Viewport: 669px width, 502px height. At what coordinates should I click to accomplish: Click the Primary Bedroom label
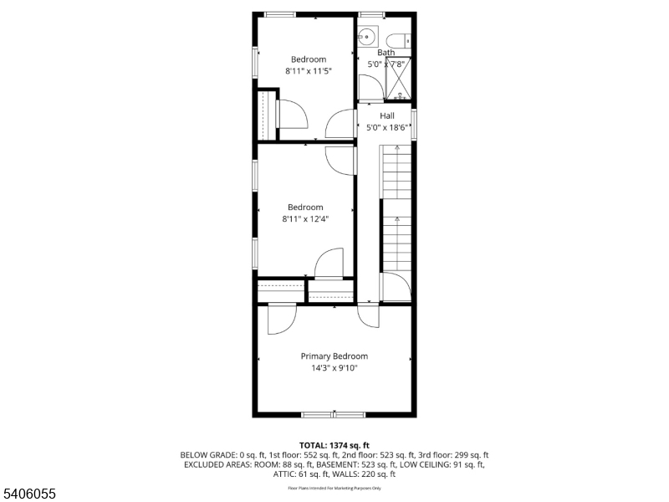[334, 356]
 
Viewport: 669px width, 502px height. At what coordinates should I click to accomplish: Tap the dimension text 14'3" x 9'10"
[334, 367]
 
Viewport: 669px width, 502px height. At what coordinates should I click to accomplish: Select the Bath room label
[386, 52]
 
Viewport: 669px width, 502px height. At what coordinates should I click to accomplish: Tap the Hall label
[387, 115]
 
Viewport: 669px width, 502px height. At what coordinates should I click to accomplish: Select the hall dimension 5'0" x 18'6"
[387, 127]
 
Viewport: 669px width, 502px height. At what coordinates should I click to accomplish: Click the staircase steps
[397, 209]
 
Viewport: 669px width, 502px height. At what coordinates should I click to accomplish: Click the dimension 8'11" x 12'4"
[305, 219]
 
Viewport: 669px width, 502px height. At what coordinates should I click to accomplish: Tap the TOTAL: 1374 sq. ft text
[334, 445]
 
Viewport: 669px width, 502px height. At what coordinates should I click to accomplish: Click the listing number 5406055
[28, 494]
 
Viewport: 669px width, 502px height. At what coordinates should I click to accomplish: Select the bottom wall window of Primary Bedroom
[334, 413]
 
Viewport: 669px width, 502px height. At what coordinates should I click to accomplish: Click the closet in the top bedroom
[267, 115]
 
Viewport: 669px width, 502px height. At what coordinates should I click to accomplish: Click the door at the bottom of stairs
[396, 287]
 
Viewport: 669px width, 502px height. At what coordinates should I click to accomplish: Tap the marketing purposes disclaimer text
[334, 487]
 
